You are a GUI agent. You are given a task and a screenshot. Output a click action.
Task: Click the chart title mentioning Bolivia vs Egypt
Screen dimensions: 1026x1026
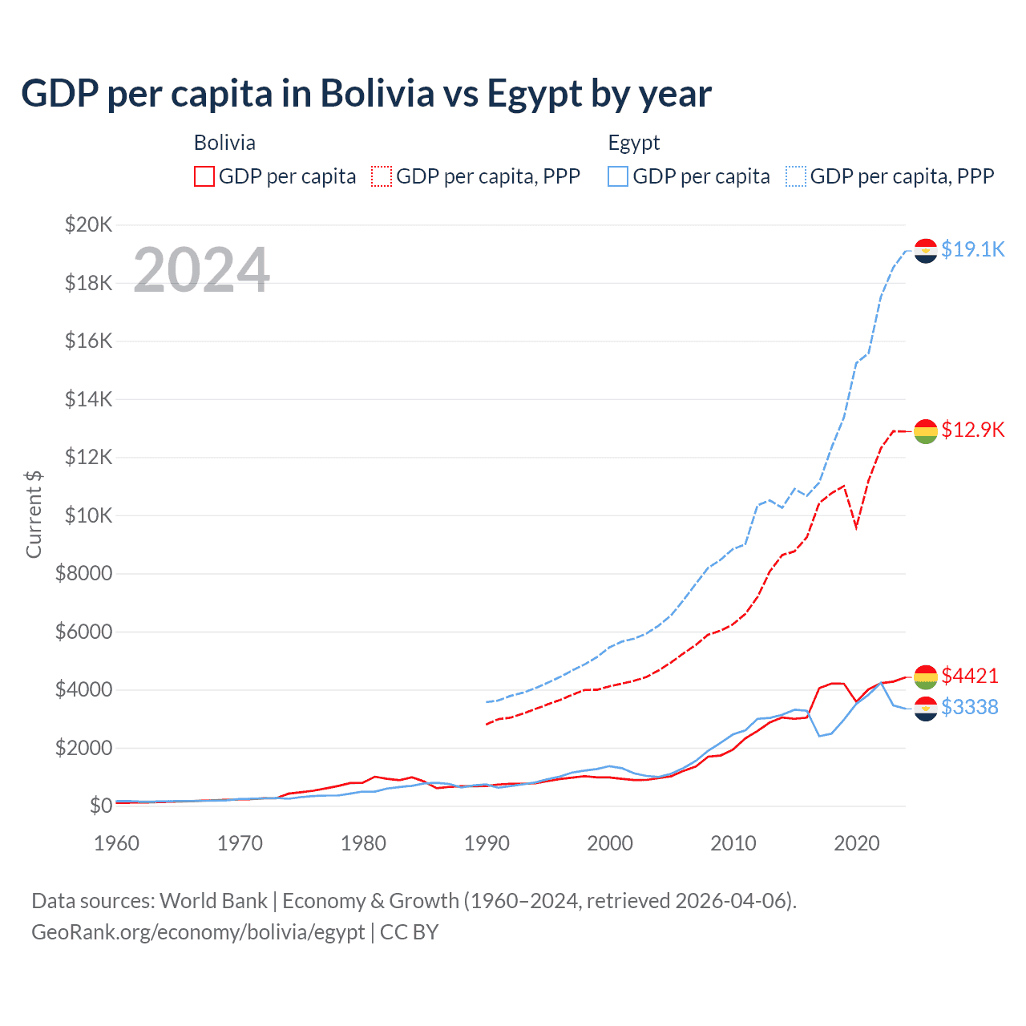[x=366, y=94]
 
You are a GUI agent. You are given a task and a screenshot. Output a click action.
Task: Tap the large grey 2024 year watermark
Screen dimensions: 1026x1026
[x=201, y=270]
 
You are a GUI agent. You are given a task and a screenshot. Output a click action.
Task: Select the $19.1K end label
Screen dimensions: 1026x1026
[x=972, y=249]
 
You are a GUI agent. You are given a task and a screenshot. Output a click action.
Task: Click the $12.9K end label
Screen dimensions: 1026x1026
[x=972, y=430]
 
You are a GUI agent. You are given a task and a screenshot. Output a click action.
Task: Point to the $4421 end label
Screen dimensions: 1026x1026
[x=970, y=676]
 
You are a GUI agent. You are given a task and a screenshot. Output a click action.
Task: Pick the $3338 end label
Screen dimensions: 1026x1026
[x=970, y=707]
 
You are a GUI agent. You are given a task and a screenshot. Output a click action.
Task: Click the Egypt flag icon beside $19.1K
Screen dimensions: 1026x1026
[x=926, y=251]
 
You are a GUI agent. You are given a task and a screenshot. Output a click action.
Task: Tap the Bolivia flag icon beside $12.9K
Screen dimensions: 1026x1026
[x=926, y=431]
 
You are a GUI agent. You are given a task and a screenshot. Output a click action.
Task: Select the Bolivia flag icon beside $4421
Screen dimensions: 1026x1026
[x=926, y=677]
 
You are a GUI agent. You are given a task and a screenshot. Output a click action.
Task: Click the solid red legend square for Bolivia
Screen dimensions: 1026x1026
[x=204, y=176]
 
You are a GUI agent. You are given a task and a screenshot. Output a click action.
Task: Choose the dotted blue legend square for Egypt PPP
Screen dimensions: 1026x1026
[x=796, y=176]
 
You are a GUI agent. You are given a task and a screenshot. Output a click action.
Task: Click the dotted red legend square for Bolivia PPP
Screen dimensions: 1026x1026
[x=382, y=176]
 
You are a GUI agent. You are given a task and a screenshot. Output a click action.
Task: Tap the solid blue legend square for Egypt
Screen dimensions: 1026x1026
[x=618, y=176]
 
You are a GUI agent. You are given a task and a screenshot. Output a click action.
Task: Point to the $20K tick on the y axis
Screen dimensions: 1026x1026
[x=88, y=224]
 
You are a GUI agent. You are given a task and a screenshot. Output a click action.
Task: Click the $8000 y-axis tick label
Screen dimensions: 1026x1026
[x=83, y=573]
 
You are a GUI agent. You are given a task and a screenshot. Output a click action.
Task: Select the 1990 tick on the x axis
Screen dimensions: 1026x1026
[x=487, y=843]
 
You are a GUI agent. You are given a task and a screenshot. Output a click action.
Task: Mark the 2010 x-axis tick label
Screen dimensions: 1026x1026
[x=733, y=843]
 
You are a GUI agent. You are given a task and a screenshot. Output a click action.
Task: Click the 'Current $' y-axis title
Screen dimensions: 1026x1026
[x=34, y=515]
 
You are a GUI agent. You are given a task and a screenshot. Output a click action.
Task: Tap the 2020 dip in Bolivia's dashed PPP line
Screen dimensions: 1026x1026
[x=857, y=527]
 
